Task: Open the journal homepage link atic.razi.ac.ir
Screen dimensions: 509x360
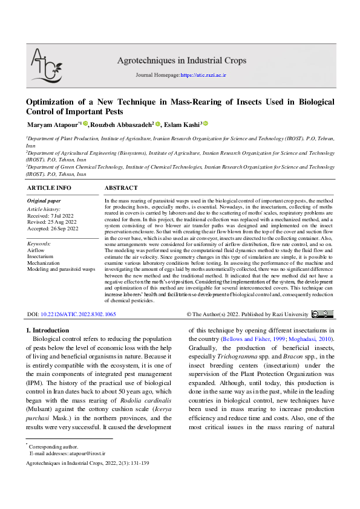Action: pos(203,75)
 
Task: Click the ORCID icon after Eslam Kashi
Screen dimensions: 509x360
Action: pos(206,123)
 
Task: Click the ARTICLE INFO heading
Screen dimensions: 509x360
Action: pos(49,188)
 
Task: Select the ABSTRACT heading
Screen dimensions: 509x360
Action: pos(121,188)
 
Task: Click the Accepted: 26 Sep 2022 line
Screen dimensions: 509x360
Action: pos(53,228)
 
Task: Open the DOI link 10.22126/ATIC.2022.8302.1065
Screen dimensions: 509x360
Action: pos(78,315)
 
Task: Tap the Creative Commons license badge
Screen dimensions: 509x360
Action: pos(322,314)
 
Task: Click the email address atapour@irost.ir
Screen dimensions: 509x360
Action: pos(85,452)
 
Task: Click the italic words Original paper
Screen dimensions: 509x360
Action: pos(44,201)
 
